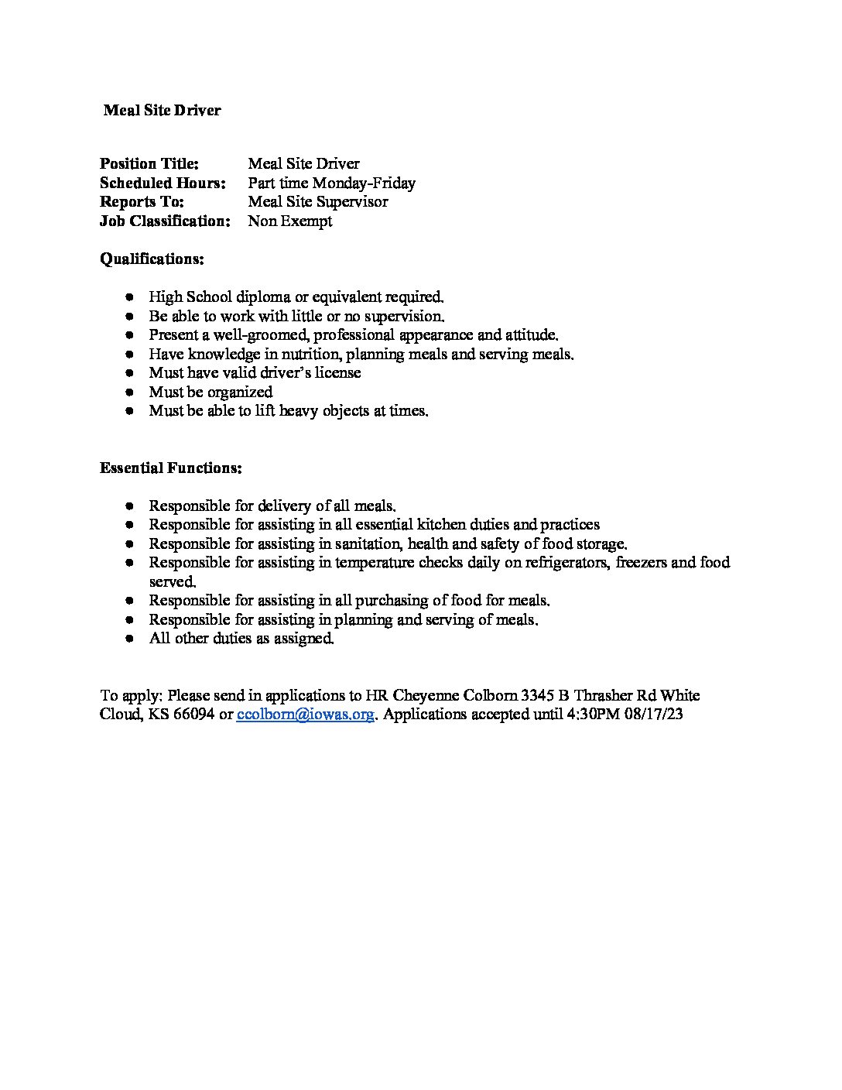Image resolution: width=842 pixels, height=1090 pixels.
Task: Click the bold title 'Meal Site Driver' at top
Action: coord(163,111)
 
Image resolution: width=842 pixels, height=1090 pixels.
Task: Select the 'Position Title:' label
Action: coord(149,164)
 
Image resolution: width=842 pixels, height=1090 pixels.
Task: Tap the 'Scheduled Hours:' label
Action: coord(163,183)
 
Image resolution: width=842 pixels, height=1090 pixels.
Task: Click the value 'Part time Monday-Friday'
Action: coord(331,183)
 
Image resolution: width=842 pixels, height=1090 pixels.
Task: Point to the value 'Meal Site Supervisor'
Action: coord(317,202)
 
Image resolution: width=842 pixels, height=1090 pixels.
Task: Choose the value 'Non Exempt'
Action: coord(289,221)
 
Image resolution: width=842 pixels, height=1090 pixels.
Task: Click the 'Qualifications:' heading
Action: coord(152,259)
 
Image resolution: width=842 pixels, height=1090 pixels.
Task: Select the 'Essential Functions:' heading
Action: coord(170,468)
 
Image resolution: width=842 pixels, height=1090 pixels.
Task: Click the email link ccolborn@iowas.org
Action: coord(306,715)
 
